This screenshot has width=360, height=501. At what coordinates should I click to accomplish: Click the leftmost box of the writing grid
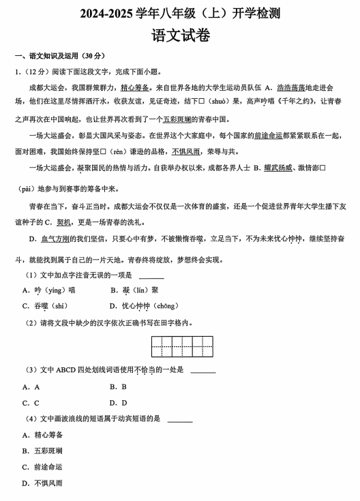(x=162, y=346)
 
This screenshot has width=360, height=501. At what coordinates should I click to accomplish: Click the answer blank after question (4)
(x=179, y=419)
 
